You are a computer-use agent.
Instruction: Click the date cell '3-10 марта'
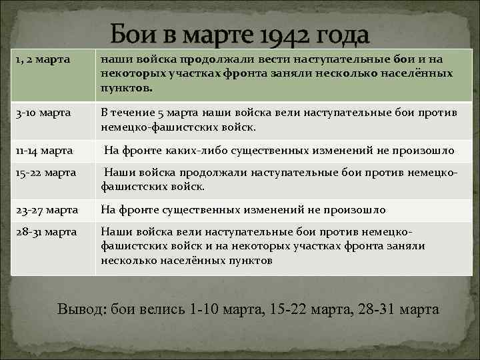(41, 113)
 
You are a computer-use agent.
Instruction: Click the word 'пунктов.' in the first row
(127, 87)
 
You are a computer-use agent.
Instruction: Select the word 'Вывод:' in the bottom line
(82, 309)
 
